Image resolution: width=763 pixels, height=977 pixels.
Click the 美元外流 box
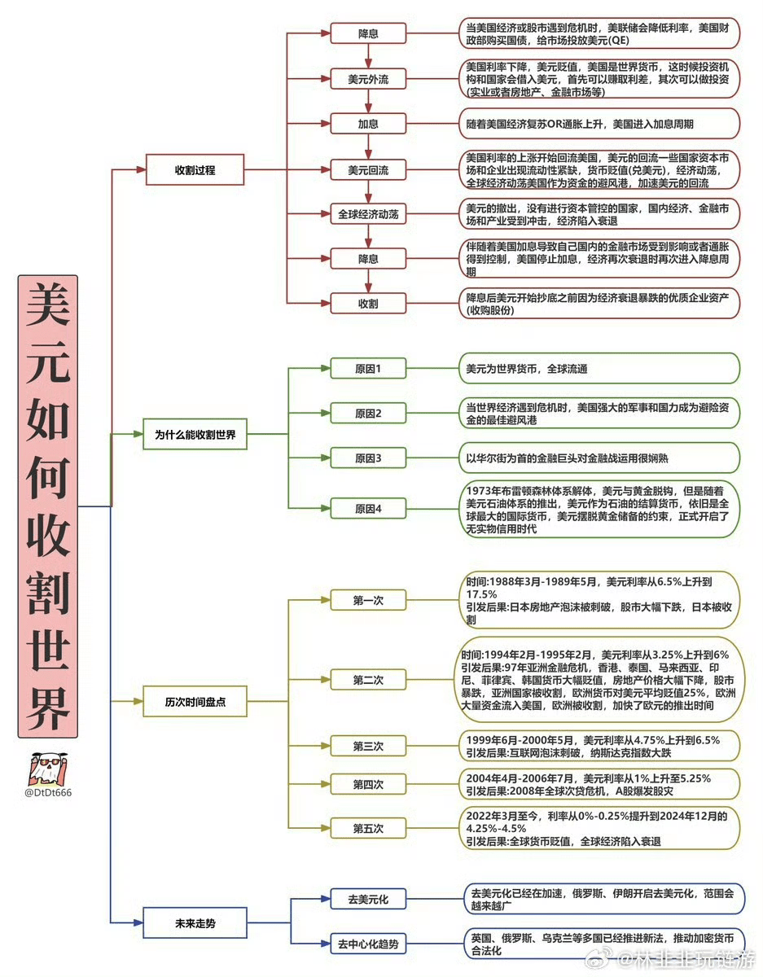click(x=368, y=79)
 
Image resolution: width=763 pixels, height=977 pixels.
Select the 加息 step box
click(x=368, y=124)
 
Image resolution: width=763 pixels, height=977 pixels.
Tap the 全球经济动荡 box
click(x=368, y=214)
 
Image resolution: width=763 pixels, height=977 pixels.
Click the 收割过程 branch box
click(x=195, y=169)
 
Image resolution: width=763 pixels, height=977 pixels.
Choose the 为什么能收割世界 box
click(x=195, y=434)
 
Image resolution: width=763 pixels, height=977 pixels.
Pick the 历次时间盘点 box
click(x=195, y=701)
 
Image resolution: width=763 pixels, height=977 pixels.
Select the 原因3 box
click(x=368, y=458)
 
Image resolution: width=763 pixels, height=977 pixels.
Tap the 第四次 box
click(x=368, y=784)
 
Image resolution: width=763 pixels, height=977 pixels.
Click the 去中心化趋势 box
click(x=368, y=944)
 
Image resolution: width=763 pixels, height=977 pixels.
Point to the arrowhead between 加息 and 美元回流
click(x=368, y=153)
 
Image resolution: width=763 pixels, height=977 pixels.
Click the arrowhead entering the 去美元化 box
click(x=325, y=899)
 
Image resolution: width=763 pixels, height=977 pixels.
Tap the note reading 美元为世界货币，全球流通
click(x=599, y=368)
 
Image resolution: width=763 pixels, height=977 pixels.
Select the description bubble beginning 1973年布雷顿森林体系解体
click(x=599, y=509)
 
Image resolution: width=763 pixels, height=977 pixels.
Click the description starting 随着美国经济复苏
click(x=599, y=124)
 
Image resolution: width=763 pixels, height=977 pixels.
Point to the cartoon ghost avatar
click(x=47, y=768)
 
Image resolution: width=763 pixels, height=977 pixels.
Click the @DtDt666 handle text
click(x=48, y=792)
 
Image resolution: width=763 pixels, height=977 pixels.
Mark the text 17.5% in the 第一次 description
click(x=481, y=594)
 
